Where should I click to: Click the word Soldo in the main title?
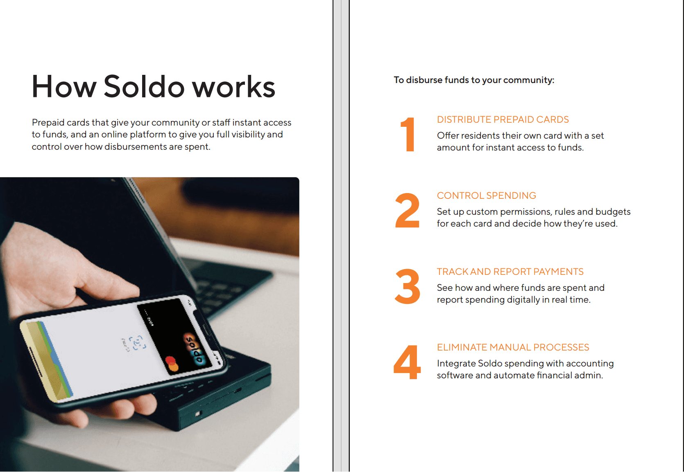(x=144, y=87)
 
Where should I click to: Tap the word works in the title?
(x=233, y=87)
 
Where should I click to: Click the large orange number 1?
(x=408, y=135)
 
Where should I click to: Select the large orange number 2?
(x=408, y=210)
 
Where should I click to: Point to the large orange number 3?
(x=408, y=286)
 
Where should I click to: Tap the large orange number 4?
(x=408, y=362)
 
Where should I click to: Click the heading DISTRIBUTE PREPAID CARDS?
(x=503, y=119)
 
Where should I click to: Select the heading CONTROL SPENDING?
(x=487, y=196)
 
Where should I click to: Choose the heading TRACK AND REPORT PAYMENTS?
(x=510, y=271)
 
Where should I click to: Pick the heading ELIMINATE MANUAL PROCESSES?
(x=513, y=347)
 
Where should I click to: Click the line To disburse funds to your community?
(x=474, y=80)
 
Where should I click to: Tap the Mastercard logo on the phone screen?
(x=172, y=364)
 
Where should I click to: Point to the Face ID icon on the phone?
(x=137, y=343)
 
